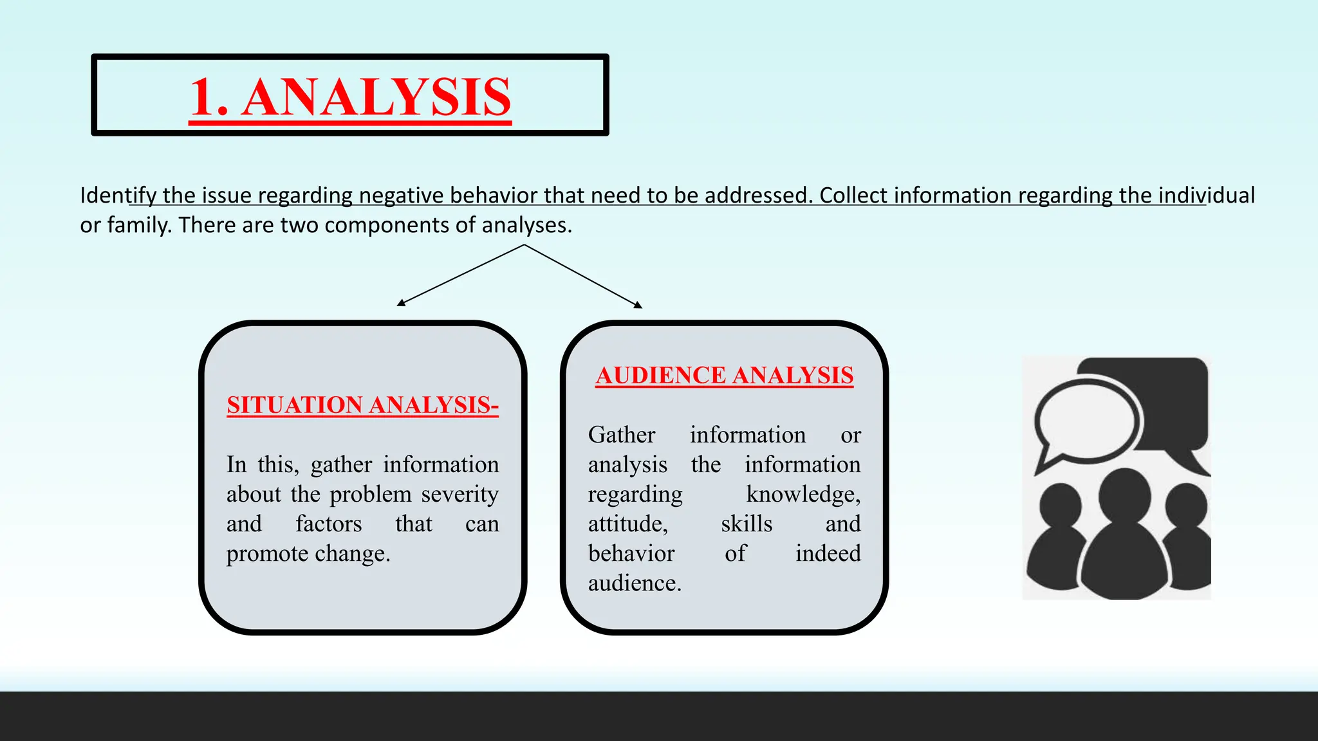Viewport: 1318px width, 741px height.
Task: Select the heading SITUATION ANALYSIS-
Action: [x=362, y=405]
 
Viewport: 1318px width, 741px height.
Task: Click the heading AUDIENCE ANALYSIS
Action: [x=725, y=375]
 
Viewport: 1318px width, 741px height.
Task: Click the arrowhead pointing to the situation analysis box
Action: [x=401, y=302]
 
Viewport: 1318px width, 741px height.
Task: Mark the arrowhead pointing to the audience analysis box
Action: [x=638, y=305]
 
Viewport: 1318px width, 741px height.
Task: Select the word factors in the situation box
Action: [x=328, y=524]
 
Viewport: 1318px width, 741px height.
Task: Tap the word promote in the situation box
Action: [x=267, y=553]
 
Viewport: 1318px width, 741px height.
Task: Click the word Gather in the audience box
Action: [x=622, y=435]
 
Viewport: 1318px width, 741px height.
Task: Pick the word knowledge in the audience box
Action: [x=803, y=494]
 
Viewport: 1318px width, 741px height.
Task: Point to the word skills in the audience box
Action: [x=747, y=524]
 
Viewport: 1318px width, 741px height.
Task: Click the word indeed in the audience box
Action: [x=828, y=553]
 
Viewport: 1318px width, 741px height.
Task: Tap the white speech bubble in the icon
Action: [x=1086, y=421]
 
